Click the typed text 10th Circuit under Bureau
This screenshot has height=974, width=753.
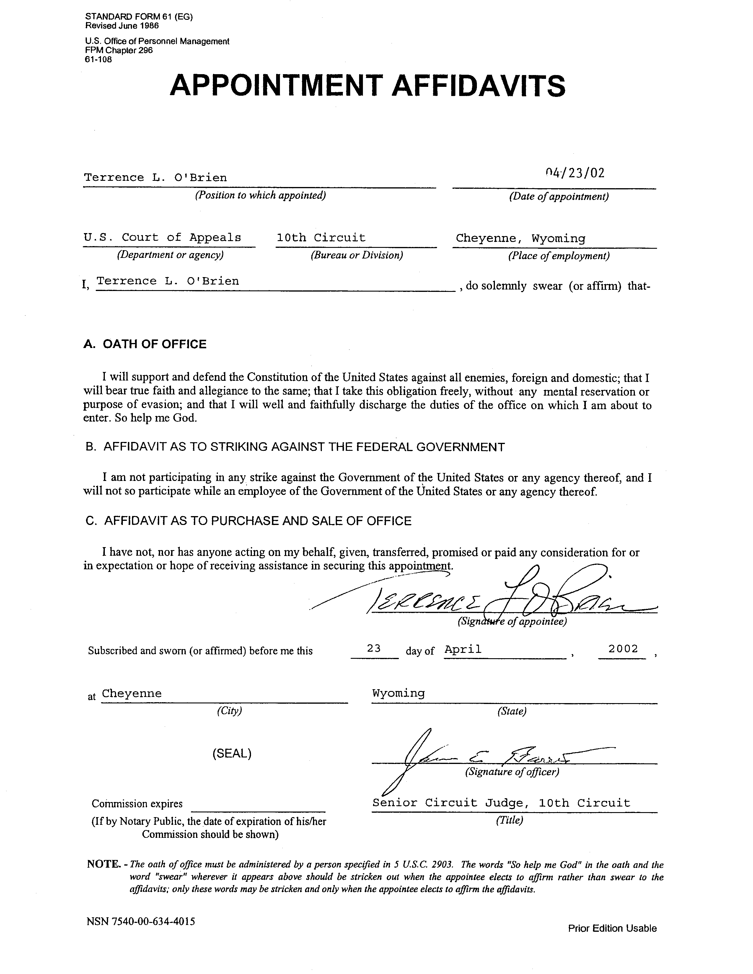pos(321,238)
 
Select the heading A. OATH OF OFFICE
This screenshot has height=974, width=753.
pos(145,344)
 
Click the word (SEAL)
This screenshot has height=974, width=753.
pos(232,754)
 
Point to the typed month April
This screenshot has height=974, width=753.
pos(463,649)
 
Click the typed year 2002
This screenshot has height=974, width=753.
pos(623,649)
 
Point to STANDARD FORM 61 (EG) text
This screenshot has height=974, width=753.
pos(139,17)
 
